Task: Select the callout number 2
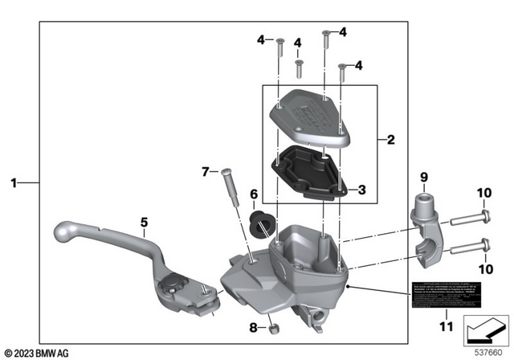point(391,140)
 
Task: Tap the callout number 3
point(362,190)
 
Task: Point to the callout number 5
point(144,222)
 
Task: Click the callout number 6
point(254,194)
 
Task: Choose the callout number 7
point(205,171)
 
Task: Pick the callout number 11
point(447,327)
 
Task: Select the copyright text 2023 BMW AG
point(36,352)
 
